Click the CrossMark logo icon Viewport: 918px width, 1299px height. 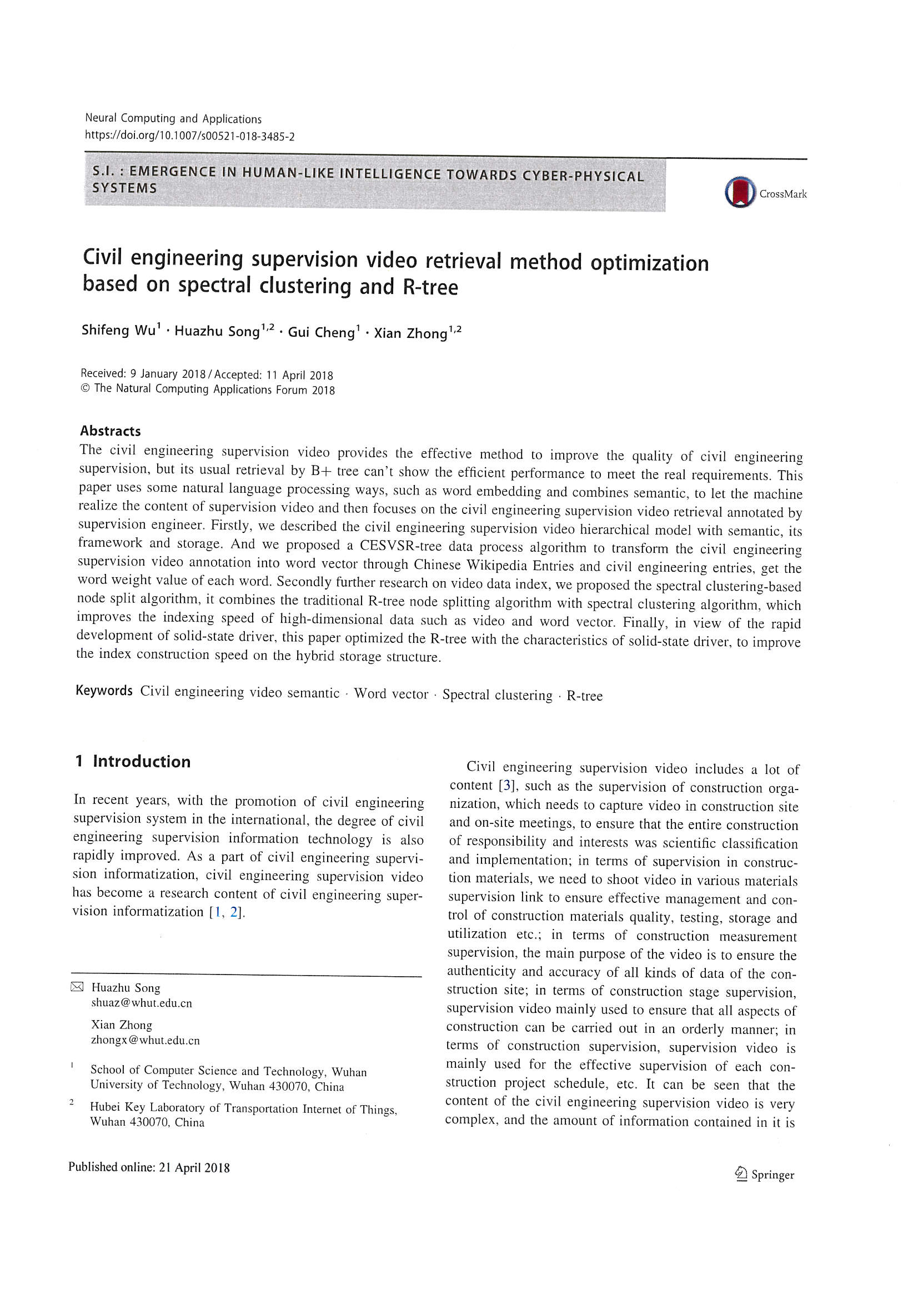[740, 192]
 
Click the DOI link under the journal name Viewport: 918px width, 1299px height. [189, 136]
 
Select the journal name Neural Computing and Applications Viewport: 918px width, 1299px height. [173, 119]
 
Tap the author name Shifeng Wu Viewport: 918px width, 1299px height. [118, 331]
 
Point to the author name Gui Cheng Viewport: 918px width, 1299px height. [320, 332]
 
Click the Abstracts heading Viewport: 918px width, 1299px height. [111, 431]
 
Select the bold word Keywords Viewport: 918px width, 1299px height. [104, 691]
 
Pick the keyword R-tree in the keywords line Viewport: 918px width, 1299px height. [584, 696]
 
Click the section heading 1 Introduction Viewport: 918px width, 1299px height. [133, 762]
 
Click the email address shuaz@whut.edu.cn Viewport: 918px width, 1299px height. [142, 1003]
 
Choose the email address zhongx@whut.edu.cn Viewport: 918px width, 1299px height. [146, 1040]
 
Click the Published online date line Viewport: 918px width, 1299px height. [149, 1167]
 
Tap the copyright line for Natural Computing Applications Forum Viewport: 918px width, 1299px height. [208, 389]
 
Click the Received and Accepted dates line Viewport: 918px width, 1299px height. [207, 374]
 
